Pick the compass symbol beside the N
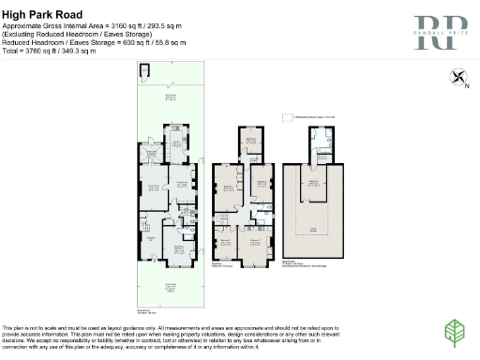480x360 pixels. point(457,79)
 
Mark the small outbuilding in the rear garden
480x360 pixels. point(143,73)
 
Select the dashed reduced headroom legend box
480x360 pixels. point(287,116)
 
